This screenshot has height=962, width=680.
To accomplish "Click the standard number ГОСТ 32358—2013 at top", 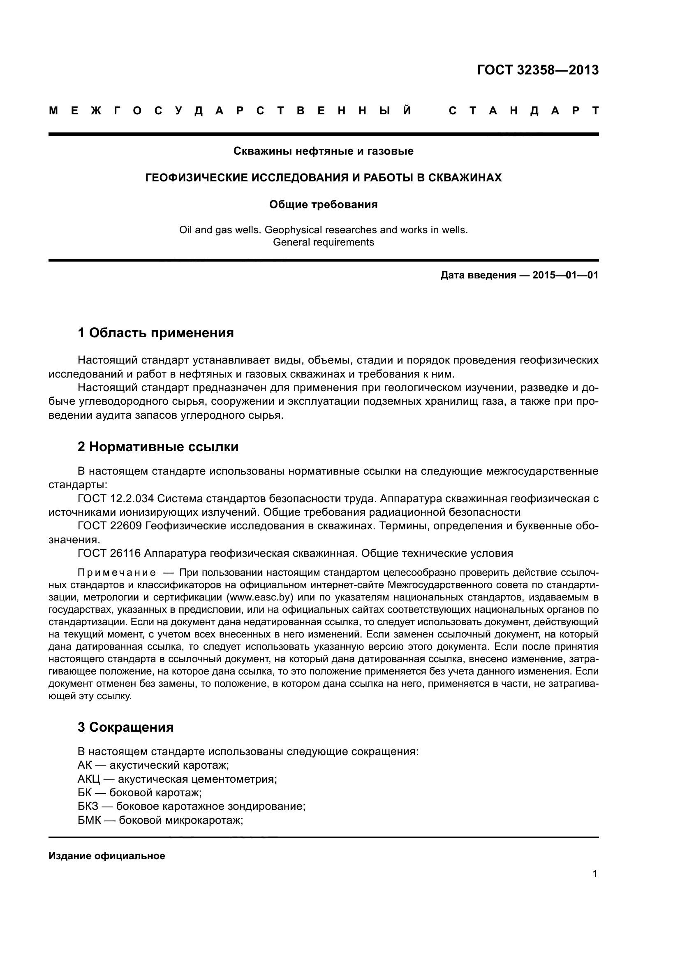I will [x=538, y=70].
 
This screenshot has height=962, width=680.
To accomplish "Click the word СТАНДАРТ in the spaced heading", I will [x=523, y=111].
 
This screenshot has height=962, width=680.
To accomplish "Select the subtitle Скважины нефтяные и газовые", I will [x=323, y=151].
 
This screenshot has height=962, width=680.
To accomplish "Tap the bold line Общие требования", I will [x=323, y=204].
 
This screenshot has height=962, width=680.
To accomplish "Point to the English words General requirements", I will [x=323, y=242].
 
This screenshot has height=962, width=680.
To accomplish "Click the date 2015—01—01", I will [x=565, y=275].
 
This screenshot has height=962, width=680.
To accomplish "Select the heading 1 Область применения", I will [x=155, y=333].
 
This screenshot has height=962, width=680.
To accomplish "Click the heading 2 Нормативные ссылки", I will [x=158, y=447].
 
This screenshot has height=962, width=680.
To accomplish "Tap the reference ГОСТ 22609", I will [x=110, y=526].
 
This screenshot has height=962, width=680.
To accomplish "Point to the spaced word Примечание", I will [x=117, y=573].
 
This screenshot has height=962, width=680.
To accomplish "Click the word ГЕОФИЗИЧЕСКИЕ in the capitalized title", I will [x=197, y=178].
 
